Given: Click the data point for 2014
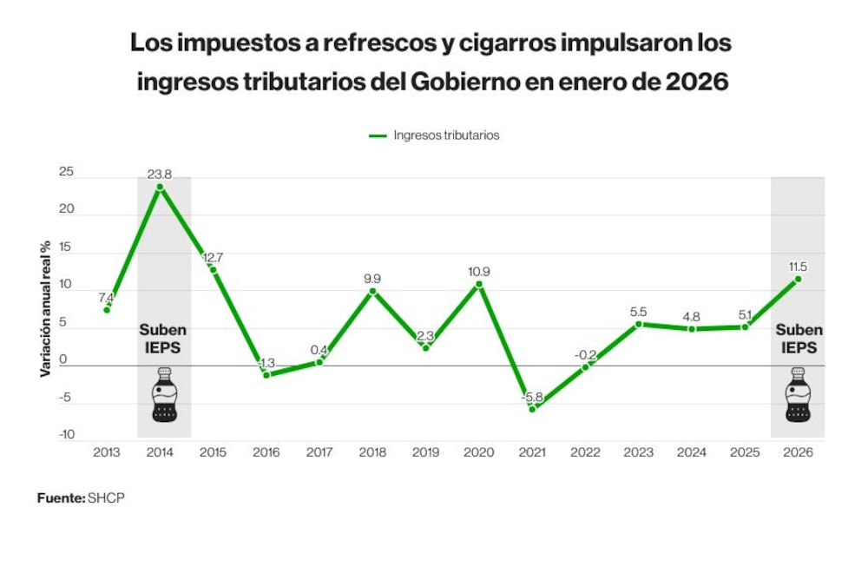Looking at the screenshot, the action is point(160,188).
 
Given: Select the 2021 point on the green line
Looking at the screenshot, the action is point(533,409).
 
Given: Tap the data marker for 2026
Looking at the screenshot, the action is point(799,279).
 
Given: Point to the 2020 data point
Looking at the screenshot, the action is point(479,284).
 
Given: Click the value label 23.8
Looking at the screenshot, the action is point(160,175).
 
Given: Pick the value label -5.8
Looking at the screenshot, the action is point(532,398).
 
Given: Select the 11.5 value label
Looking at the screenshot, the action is point(798,267).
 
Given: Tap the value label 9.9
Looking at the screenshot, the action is point(372,279).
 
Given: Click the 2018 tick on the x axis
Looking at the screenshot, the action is point(372,452).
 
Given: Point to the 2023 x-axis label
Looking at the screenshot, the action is point(638,452).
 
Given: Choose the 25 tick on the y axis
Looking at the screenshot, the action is point(67,172).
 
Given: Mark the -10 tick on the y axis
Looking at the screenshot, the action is point(67,435).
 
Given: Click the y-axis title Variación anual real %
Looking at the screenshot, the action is point(45,309).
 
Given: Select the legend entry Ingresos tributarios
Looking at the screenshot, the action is point(434,135).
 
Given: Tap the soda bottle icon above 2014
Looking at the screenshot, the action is point(164,394).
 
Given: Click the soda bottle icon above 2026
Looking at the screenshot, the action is point(799,394).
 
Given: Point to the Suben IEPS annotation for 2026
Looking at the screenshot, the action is point(799,339).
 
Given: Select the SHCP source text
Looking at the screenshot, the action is point(106,498).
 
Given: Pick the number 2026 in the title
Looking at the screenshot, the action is point(697,82).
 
